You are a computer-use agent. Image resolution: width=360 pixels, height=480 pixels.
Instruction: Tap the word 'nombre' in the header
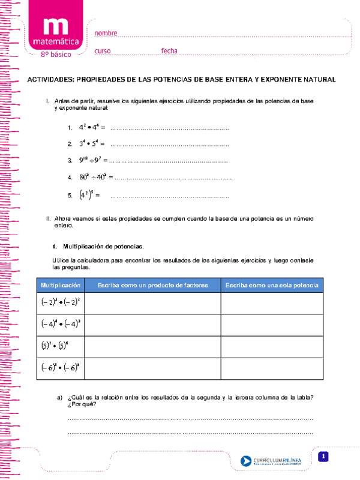tap(106, 33)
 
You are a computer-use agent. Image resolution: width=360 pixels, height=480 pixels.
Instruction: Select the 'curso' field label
tap(103, 51)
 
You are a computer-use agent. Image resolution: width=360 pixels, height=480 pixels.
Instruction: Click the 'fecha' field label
tap(169, 51)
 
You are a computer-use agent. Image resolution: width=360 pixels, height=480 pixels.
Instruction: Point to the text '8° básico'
tap(55, 54)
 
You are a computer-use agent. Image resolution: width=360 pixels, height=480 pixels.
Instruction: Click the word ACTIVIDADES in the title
tap(50, 79)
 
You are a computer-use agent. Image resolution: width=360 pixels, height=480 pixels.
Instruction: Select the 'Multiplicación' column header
tap(60, 284)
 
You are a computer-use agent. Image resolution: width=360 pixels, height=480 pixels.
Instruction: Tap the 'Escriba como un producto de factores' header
tap(152, 284)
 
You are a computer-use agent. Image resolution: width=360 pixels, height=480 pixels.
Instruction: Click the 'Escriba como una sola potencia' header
tap(271, 284)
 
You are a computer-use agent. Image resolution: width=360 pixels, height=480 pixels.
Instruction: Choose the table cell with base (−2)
tap(61, 302)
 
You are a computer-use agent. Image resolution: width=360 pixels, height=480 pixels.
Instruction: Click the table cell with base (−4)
tap(61, 324)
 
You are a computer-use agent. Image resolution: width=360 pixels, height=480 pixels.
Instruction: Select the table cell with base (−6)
tap(61, 368)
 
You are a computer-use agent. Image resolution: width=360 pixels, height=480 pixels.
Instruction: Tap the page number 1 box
tap(323, 457)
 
